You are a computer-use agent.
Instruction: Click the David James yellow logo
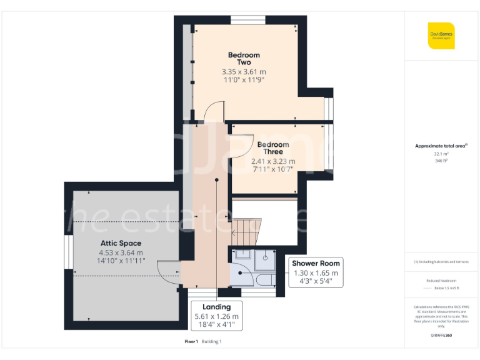[441, 36]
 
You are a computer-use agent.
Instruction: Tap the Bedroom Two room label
[244, 59]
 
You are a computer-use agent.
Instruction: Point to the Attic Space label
[121, 243]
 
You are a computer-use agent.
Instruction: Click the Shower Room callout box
[316, 272]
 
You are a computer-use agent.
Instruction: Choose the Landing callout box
[216, 316]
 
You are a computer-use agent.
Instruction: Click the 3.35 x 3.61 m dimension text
[244, 72]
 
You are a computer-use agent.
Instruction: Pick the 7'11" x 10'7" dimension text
[273, 169]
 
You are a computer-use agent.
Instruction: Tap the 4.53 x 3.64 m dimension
[121, 252]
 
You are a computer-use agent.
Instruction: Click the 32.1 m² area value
[441, 153]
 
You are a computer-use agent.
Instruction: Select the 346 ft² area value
[441, 161]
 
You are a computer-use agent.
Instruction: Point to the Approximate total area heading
[441, 146]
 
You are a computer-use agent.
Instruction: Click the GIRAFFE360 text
[441, 336]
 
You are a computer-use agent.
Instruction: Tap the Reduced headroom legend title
[441, 281]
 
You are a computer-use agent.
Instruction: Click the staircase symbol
[247, 231]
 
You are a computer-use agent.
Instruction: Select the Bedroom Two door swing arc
[213, 112]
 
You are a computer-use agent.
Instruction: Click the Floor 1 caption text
[191, 341]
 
